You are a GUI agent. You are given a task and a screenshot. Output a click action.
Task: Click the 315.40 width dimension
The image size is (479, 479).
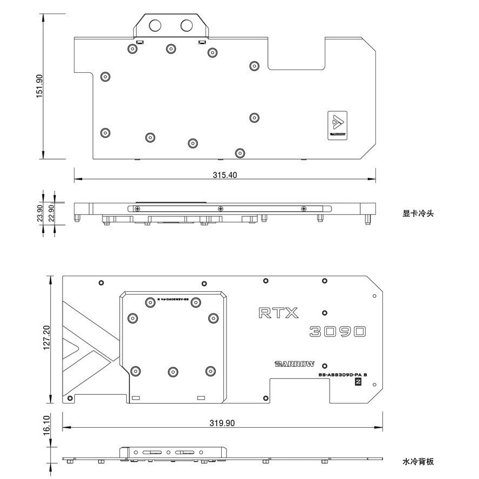(225, 175)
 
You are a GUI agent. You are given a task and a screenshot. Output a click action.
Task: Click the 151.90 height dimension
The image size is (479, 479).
(39, 86)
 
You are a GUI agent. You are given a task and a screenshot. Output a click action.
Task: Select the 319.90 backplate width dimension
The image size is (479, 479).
(222, 423)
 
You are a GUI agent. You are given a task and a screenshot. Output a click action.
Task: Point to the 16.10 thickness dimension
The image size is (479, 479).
(47, 425)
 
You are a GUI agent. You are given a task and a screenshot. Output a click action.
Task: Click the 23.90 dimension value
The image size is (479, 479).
(39, 214)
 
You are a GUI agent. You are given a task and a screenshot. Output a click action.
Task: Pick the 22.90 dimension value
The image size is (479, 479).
(52, 214)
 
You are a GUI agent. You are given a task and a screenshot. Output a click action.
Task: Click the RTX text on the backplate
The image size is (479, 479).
(278, 313)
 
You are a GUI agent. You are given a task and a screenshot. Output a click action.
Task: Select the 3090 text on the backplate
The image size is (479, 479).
(338, 331)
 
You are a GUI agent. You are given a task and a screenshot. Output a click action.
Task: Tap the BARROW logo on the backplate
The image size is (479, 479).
(295, 364)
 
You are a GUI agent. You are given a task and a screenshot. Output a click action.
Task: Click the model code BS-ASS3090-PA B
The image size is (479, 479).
(343, 374)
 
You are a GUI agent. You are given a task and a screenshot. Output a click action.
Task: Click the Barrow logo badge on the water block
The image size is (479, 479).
(338, 125)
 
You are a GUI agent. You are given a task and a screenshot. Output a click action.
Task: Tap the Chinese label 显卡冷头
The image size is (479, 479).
(418, 214)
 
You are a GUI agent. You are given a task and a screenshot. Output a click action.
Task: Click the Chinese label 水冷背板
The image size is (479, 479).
(418, 461)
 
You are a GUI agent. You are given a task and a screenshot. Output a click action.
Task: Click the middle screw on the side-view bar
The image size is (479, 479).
(220, 209)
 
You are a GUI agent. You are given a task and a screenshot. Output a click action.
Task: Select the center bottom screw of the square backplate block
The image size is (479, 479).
(173, 371)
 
